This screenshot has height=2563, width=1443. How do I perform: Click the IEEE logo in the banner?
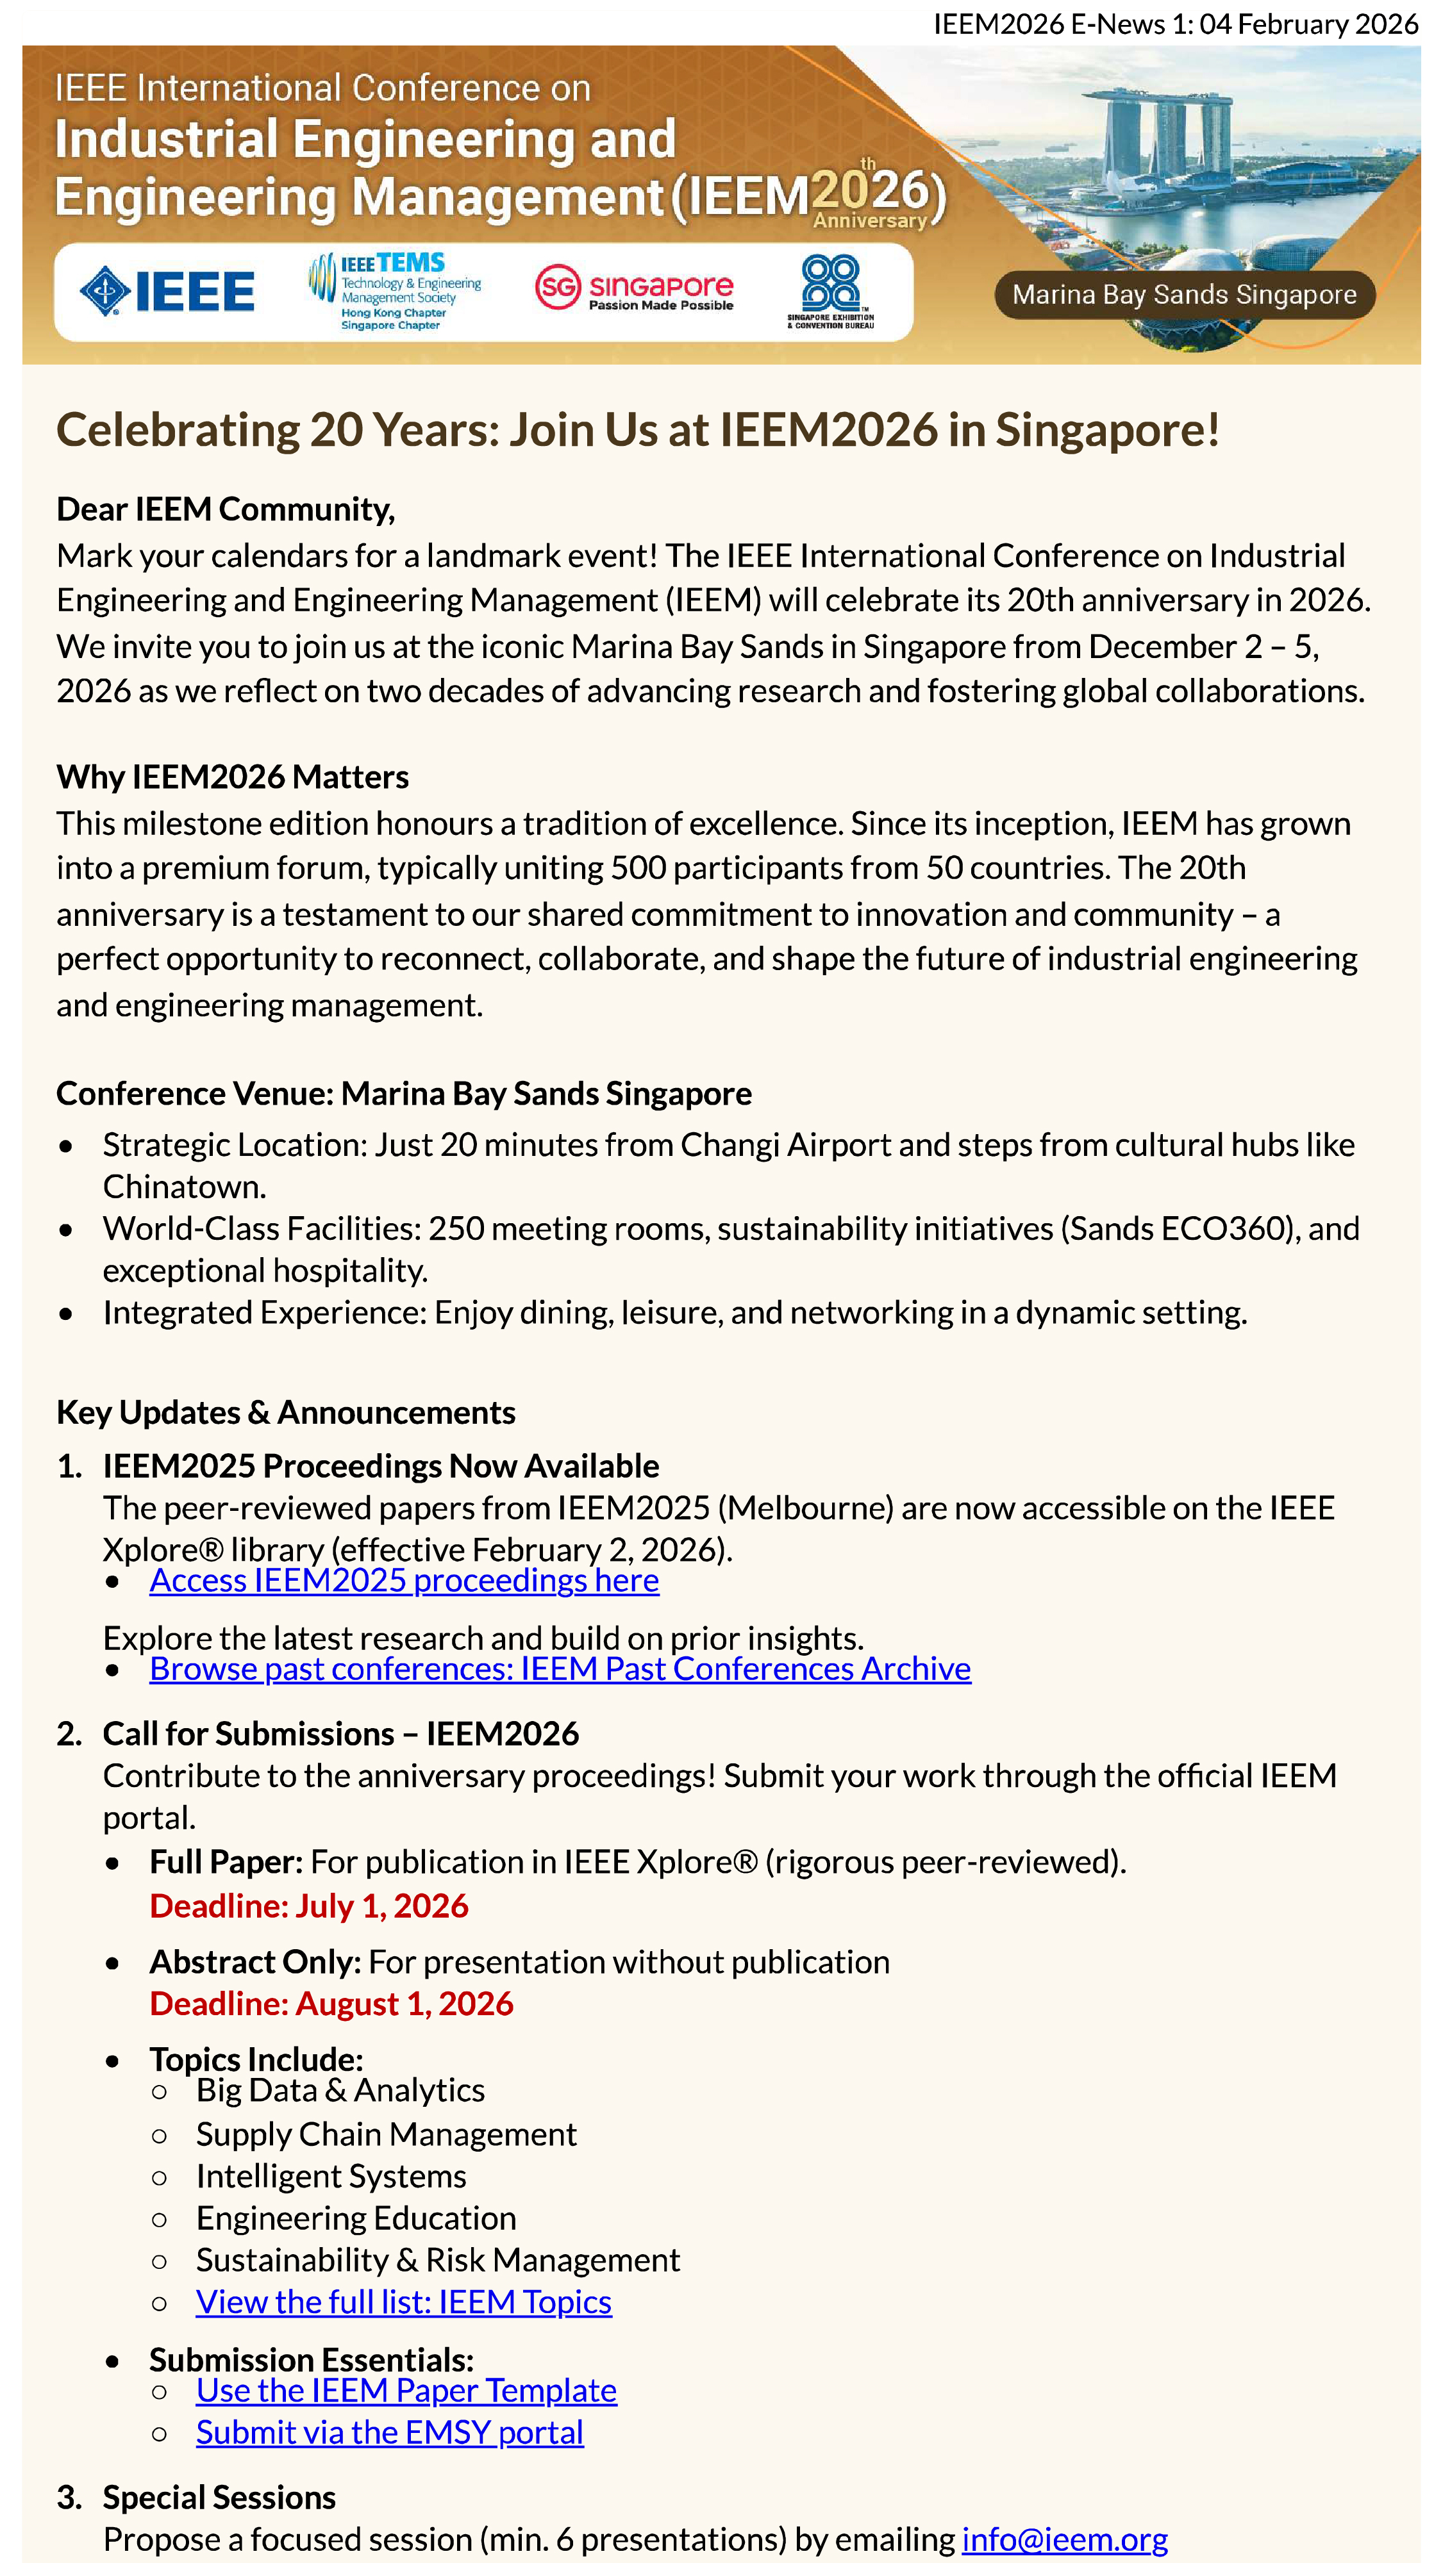(x=167, y=292)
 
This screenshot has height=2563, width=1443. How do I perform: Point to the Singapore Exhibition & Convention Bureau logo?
(x=831, y=292)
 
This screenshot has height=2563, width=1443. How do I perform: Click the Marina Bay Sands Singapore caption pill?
(x=1184, y=295)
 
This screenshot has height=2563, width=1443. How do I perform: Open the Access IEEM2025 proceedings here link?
(x=404, y=1580)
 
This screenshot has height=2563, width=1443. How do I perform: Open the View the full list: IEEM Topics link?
(x=403, y=2302)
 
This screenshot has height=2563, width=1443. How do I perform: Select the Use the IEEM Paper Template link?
(x=406, y=2390)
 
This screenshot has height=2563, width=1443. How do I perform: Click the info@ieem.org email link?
(x=1064, y=2538)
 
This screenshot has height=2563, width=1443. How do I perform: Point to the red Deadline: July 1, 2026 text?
(x=308, y=1906)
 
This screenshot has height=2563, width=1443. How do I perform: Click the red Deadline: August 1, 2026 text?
(x=331, y=2003)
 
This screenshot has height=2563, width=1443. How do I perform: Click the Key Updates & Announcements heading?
(x=286, y=1412)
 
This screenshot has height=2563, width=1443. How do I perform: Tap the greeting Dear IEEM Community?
(x=225, y=509)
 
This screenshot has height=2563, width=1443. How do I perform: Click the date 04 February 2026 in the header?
(x=1308, y=24)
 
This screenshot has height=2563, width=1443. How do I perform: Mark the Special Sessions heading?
(x=219, y=2496)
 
